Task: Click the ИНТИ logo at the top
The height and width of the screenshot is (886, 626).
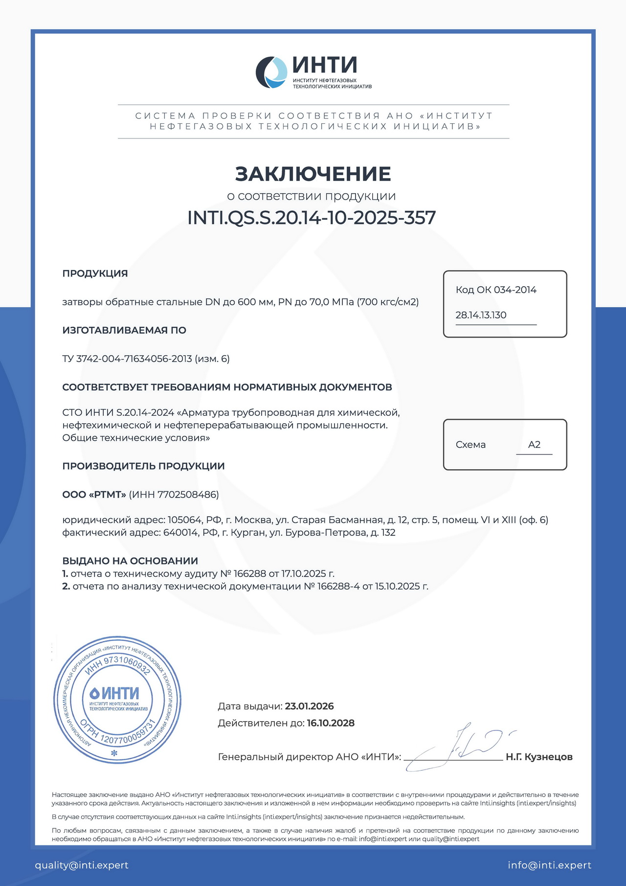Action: point(313,72)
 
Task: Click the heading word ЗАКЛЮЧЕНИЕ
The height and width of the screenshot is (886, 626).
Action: point(313,174)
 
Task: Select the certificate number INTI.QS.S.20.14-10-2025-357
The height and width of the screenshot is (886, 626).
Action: point(312,218)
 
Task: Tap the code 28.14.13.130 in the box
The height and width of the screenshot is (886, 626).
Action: point(481,315)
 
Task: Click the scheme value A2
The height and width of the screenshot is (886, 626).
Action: point(534,445)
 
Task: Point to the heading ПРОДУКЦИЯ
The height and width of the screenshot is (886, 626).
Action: point(95,273)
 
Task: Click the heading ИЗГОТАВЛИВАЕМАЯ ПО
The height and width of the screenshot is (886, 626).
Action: point(124,330)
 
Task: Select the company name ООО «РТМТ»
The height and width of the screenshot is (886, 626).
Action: point(94,495)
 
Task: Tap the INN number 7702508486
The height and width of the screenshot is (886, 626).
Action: point(187,495)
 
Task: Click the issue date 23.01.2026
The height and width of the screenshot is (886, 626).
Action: point(309,706)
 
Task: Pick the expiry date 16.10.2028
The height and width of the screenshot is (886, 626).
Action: point(331,723)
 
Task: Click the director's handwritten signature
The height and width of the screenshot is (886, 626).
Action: point(460,748)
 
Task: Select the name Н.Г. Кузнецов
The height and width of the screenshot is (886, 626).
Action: point(539,757)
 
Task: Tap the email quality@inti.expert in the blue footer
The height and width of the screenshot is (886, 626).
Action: point(82,865)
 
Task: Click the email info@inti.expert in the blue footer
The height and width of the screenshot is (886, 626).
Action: point(549,865)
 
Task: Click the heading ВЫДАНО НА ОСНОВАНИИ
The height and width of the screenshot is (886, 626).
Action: point(130,561)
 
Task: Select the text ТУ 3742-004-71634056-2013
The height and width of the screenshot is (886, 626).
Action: point(127,359)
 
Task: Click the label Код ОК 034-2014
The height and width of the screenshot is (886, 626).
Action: point(496,290)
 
